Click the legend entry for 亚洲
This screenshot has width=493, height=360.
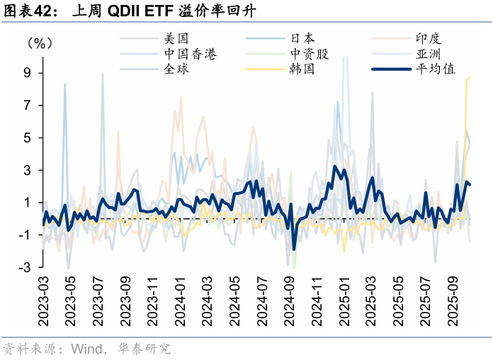click(x=429, y=55)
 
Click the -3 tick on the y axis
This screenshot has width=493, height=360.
click(x=25, y=268)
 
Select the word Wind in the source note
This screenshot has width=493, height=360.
click(x=87, y=349)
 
